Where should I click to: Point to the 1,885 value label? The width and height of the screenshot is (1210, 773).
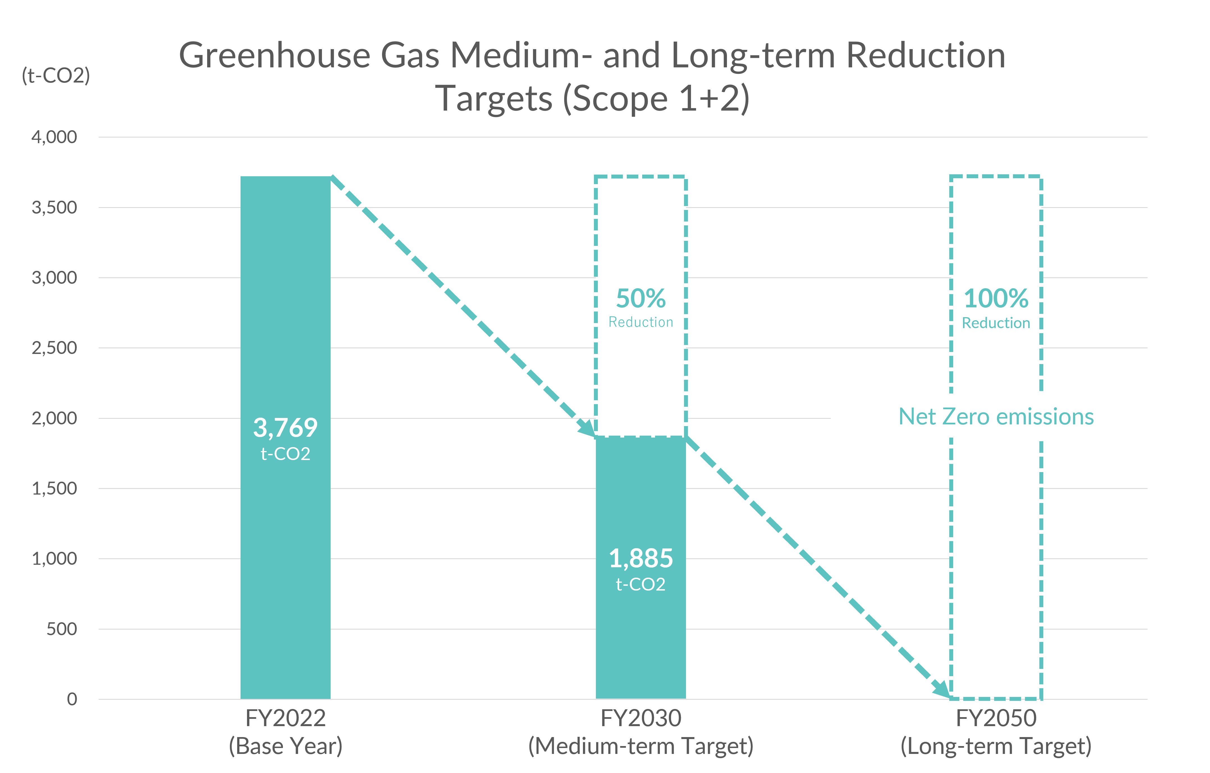[x=641, y=558]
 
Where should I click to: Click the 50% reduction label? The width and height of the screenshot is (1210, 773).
[x=641, y=299]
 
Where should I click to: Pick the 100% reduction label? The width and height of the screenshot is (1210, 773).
[x=996, y=299]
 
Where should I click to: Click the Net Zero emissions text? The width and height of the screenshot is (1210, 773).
[x=996, y=417]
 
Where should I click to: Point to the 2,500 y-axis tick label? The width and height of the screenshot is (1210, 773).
[x=54, y=348]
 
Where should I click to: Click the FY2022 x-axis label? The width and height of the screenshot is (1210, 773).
[x=285, y=718]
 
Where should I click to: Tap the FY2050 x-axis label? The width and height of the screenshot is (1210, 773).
[x=996, y=718]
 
